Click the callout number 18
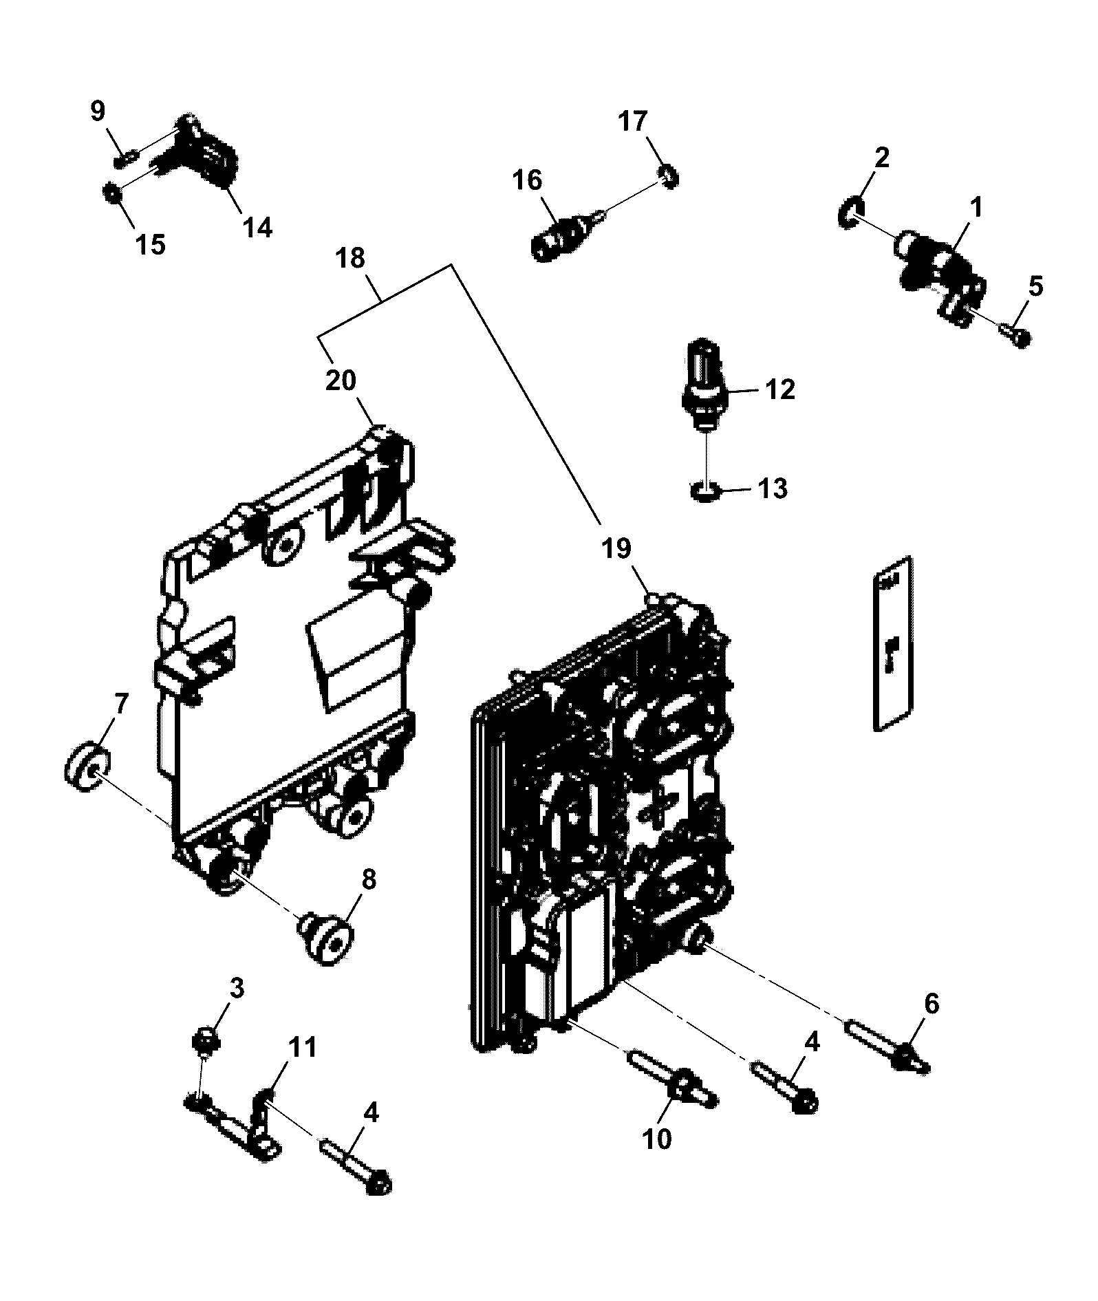point(351,259)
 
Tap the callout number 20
point(341,380)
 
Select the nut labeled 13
point(704,493)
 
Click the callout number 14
point(257,226)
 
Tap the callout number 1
point(976,206)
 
